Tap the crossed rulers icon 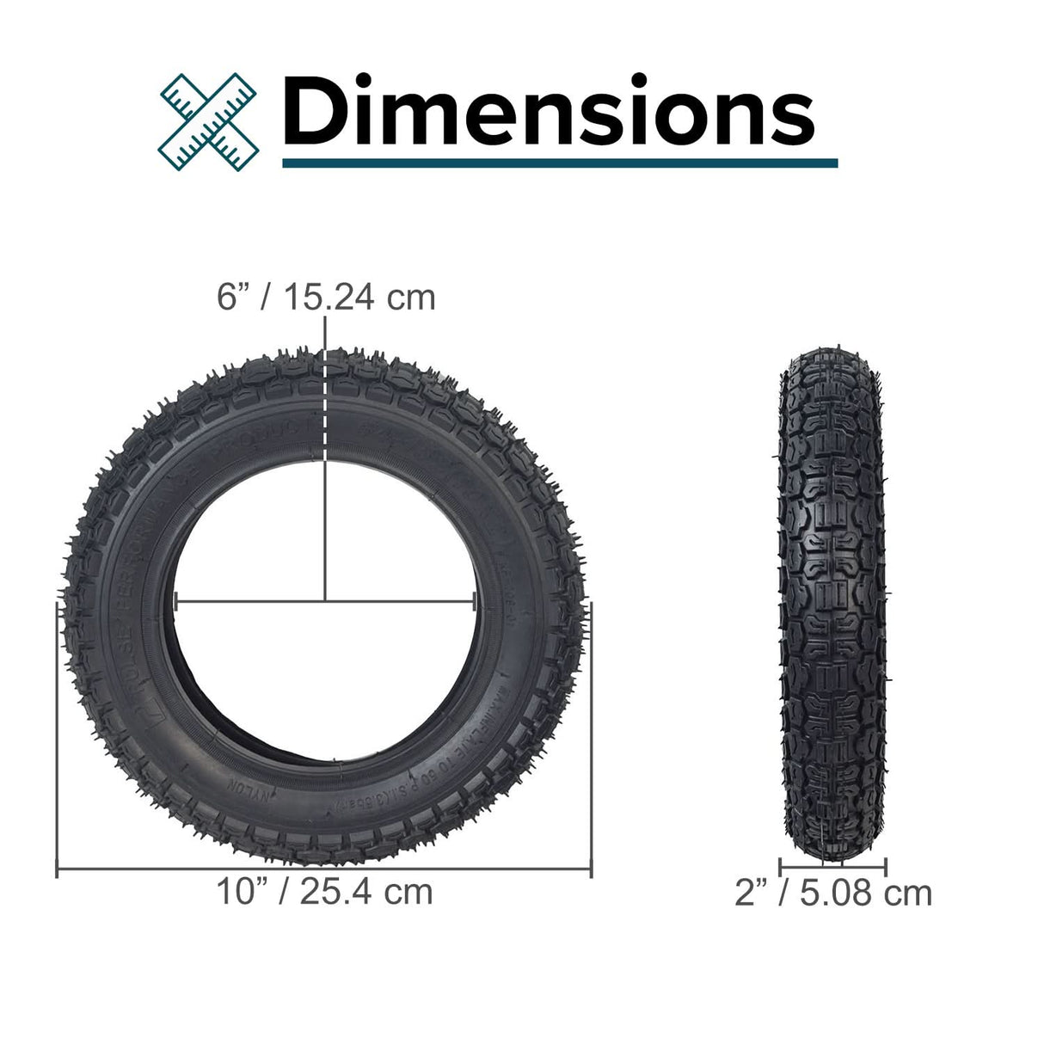click(209, 119)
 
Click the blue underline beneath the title click(559, 162)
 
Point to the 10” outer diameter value click(239, 892)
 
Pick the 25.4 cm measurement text click(366, 892)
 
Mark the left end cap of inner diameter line click(175, 601)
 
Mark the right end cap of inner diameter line click(475, 601)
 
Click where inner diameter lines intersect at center click(325, 601)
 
